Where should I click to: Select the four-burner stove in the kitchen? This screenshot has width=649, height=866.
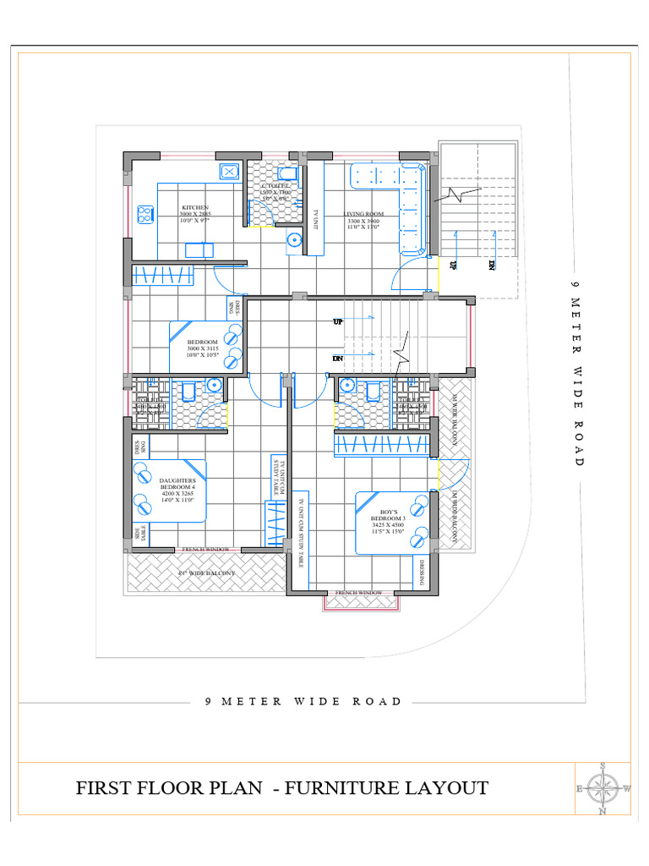click(145, 213)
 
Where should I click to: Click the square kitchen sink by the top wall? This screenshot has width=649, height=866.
click(229, 172)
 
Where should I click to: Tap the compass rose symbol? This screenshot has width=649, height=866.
click(603, 788)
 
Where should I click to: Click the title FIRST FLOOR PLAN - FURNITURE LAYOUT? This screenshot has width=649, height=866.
click(282, 788)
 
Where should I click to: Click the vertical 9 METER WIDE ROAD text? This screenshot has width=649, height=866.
click(577, 381)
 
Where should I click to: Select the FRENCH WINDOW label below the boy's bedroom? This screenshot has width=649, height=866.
click(358, 593)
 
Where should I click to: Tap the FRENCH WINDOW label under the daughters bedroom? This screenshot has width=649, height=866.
click(206, 550)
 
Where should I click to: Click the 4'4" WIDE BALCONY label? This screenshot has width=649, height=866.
click(205, 573)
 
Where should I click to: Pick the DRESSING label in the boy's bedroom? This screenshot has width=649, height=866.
click(422, 572)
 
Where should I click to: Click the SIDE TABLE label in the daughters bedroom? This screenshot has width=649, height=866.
click(139, 533)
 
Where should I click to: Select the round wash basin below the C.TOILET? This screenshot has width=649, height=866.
click(293, 239)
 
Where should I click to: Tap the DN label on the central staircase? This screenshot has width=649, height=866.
click(336, 358)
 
